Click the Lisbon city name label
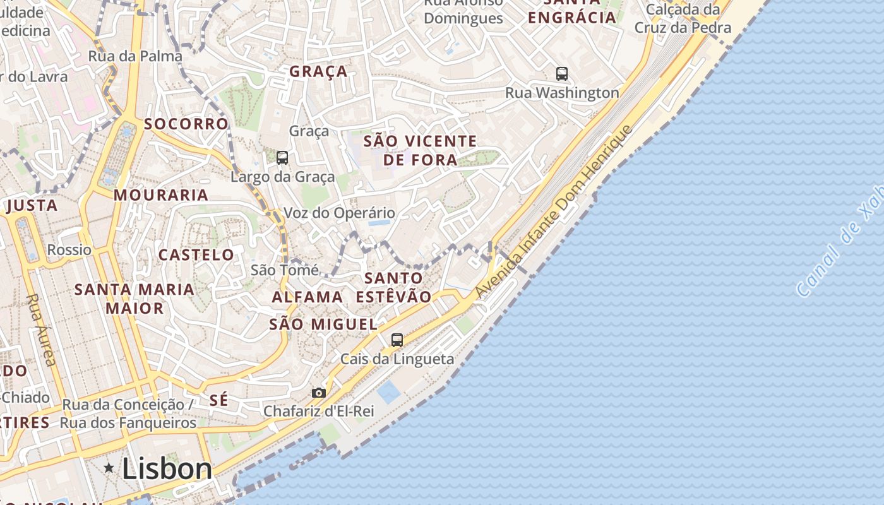coord(167,468)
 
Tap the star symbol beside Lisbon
coord(109,468)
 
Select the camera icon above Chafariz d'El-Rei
coord(319,393)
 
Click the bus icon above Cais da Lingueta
coord(397,340)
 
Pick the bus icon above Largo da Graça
coord(282,157)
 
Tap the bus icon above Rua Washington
coord(562,73)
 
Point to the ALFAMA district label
coord(308,297)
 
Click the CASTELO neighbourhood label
coord(196,255)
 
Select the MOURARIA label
coord(161,195)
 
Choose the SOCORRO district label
coord(186,124)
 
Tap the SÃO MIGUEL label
coord(323,324)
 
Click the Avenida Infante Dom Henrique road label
coord(554,212)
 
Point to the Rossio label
coord(69,249)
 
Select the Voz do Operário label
coord(339,213)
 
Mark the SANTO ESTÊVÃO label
coord(394,287)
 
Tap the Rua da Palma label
coord(135,56)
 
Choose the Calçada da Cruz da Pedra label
coord(683,19)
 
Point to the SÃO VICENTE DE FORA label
coord(420,150)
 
